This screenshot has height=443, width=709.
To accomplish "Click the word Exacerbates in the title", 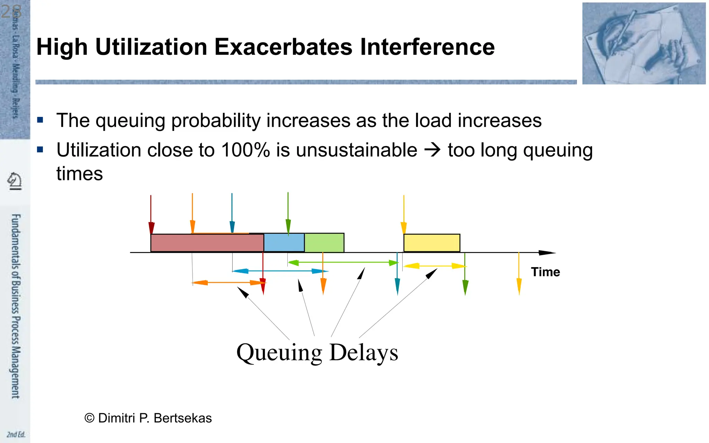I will (283, 47).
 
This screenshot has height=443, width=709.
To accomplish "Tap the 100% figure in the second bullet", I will (245, 150).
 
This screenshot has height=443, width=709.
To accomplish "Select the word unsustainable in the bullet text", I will (357, 150).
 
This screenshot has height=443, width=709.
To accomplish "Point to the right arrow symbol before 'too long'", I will (432, 150).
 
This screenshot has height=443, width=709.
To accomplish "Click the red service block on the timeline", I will (207, 243).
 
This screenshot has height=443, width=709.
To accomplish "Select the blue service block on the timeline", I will (284, 243).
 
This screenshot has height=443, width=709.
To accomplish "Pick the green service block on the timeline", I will (324, 243).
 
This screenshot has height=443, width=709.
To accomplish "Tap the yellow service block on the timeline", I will (432, 243).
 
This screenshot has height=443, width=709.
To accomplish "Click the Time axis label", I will (545, 272).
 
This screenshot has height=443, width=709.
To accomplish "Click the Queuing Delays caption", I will (317, 352).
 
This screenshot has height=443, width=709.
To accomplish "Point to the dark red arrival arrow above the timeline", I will (151, 215).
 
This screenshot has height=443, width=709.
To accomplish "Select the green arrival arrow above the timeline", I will (288, 213).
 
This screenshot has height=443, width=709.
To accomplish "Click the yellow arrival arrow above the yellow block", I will (404, 215).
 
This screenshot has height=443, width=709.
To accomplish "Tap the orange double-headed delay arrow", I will (228, 283).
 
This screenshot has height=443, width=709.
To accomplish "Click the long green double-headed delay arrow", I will (343, 263).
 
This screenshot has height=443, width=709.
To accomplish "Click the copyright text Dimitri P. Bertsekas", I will (148, 418).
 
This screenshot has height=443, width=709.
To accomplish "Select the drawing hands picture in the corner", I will (644, 43).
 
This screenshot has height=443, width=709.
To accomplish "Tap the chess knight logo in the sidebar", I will (15, 181).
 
